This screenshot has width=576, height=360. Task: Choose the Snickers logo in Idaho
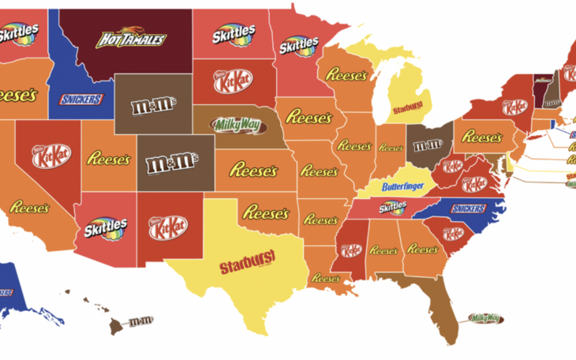click(81, 99)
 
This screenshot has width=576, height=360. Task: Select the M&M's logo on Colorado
click(175, 165)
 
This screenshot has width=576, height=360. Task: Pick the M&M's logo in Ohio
click(428, 145)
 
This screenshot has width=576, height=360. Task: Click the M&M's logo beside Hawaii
click(141, 321)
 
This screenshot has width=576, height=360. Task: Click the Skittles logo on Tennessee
click(392, 208)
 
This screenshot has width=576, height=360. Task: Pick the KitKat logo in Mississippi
click(350, 249)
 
